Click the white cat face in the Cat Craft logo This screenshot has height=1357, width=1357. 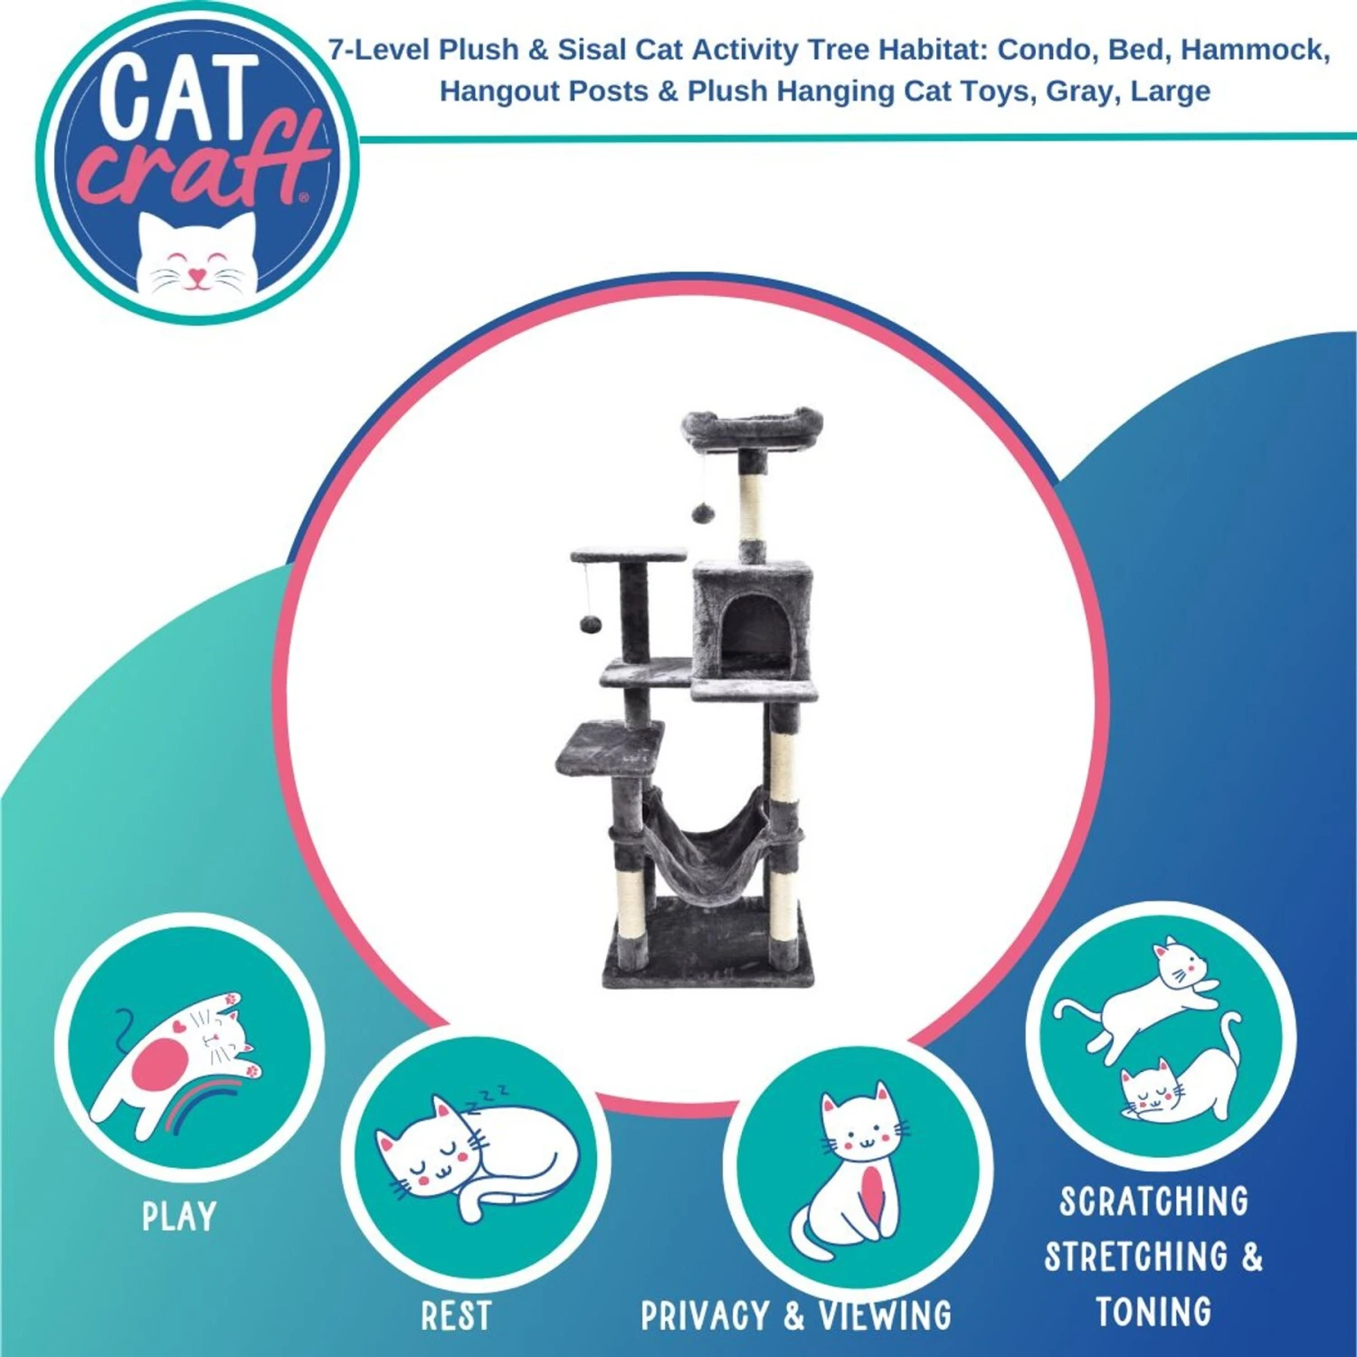[197, 253]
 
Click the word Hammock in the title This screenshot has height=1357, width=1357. [1256, 50]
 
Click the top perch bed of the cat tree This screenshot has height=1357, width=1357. [752, 427]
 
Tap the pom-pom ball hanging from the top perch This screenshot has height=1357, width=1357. [703, 514]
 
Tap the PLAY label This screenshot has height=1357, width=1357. [179, 1217]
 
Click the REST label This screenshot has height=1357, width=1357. [456, 1316]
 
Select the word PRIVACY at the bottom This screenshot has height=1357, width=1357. [705, 1316]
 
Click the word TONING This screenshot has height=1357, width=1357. [1153, 1312]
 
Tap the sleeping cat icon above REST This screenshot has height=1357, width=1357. [477, 1153]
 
